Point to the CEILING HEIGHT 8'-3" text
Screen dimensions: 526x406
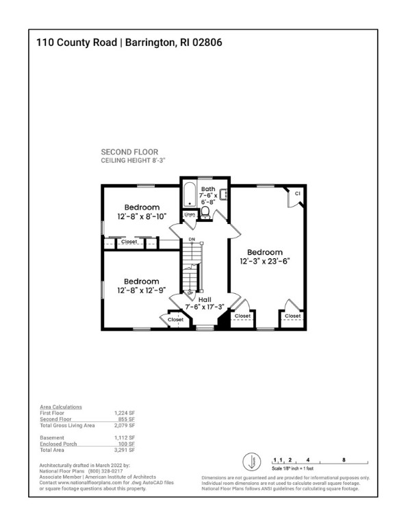pyautogui.click(x=134, y=160)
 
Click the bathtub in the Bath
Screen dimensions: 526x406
pyautogui.click(x=189, y=195)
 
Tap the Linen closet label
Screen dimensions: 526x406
pyautogui.click(x=190, y=215)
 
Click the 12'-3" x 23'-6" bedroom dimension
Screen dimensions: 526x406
pyautogui.click(x=265, y=262)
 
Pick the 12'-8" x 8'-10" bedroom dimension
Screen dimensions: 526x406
pyautogui.click(x=142, y=216)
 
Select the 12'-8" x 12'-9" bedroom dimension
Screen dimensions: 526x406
pyautogui.click(x=142, y=290)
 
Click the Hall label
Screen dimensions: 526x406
pyautogui.click(x=205, y=299)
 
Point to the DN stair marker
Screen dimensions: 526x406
pyautogui.click(x=192, y=240)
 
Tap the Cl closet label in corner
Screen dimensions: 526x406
pyautogui.click(x=297, y=194)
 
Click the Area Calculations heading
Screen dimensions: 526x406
pyautogui.click(x=61, y=407)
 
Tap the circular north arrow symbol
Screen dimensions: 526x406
pyautogui.click(x=251, y=461)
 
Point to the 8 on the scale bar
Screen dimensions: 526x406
pyautogui.click(x=343, y=460)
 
